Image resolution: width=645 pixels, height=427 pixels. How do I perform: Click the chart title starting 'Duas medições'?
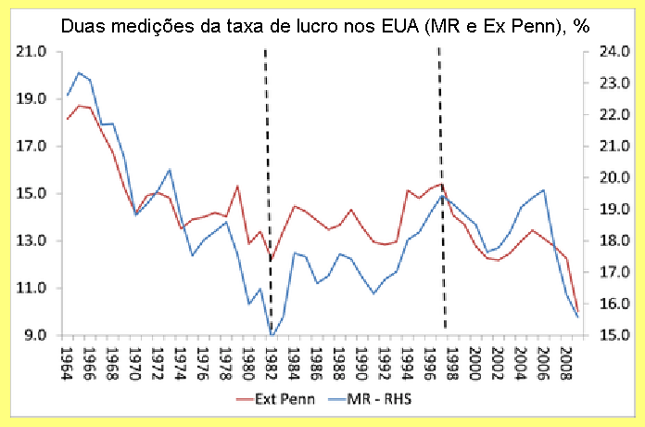[323, 25]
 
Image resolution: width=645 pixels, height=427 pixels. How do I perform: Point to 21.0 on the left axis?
[32, 52]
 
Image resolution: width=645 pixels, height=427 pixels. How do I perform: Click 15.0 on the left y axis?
[32, 194]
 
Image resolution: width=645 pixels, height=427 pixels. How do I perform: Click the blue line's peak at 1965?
[79, 72]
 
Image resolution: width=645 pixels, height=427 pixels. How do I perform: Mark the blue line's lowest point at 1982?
[272, 335]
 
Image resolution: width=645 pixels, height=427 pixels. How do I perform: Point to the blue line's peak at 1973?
[170, 170]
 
